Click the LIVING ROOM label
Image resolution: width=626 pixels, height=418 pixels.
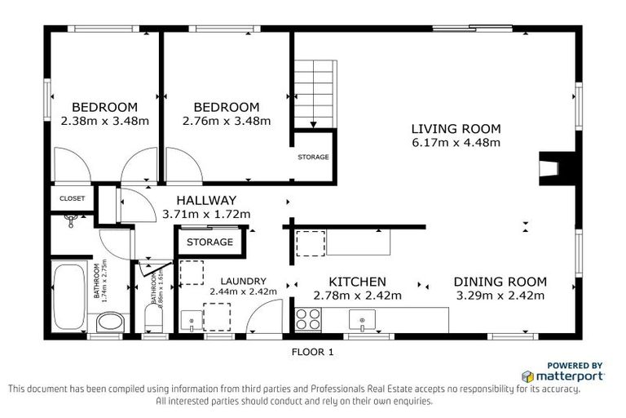tap(455, 128)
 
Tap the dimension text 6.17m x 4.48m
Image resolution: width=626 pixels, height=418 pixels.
tap(455, 142)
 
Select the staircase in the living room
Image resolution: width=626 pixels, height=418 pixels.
tap(313, 93)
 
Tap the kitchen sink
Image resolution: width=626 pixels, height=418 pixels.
tap(360, 318)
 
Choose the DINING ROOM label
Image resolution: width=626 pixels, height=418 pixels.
tap(499, 282)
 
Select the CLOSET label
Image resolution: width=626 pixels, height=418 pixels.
tap(73, 198)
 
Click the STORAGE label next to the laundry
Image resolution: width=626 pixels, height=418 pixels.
tap(209, 242)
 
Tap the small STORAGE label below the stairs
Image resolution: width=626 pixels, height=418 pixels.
tap(313, 157)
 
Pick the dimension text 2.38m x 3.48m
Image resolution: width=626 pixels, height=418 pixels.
tap(104, 121)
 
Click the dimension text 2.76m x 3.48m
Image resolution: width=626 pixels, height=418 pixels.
tap(226, 121)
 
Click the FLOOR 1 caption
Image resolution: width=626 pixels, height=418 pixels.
tap(313, 353)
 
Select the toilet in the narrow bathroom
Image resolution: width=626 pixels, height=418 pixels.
tap(153, 317)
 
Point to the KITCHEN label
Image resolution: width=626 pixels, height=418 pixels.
tap(357, 282)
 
